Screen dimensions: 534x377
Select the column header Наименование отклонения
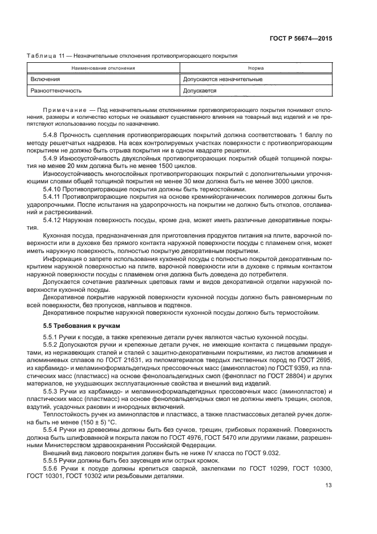click(x=103, y=68)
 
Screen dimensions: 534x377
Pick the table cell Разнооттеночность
click(x=56, y=90)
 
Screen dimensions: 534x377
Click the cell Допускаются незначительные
click(x=222, y=79)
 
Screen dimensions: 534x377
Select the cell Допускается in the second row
click(x=200, y=90)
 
